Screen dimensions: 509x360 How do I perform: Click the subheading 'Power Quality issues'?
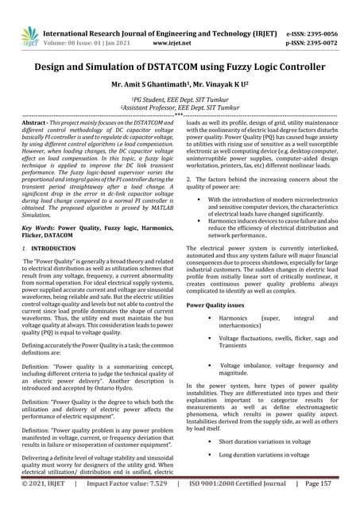point(218,305)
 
